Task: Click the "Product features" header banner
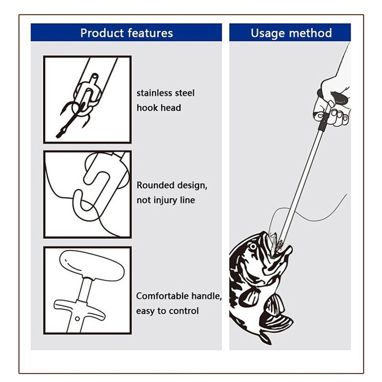coord(127,32)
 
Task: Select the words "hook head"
coord(159,108)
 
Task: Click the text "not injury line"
coord(166,200)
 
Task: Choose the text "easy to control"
coord(167,311)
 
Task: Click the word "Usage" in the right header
coord(267,32)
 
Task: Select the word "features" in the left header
coord(149,32)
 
